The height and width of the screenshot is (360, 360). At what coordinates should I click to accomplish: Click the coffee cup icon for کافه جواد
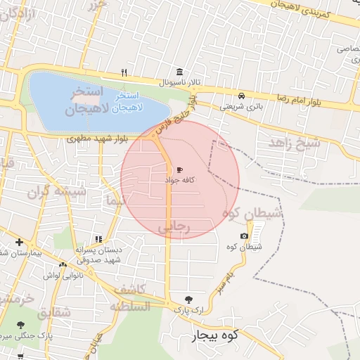point(179,170)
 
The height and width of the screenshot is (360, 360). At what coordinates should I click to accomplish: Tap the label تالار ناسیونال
point(179,82)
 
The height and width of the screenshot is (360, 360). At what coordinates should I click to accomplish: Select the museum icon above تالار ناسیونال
point(180,72)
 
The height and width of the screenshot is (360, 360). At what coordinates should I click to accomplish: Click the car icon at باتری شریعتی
point(242,96)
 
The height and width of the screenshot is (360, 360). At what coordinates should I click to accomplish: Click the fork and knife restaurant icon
point(124,72)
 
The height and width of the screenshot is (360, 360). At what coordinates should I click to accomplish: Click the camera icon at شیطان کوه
point(244,236)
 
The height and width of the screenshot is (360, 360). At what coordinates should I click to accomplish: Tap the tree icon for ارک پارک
point(188,299)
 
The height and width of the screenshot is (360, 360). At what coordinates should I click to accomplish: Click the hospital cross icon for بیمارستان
point(19,243)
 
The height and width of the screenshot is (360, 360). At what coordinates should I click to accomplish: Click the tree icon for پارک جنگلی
point(19,325)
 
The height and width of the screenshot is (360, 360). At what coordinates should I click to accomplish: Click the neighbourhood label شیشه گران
point(56,191)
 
